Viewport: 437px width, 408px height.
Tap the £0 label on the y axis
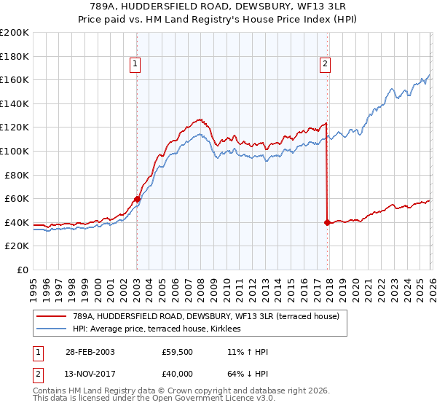coord(23,270)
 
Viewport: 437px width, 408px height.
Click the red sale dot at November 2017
coord(327,222)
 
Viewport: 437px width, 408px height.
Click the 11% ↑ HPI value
coord(248,352)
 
